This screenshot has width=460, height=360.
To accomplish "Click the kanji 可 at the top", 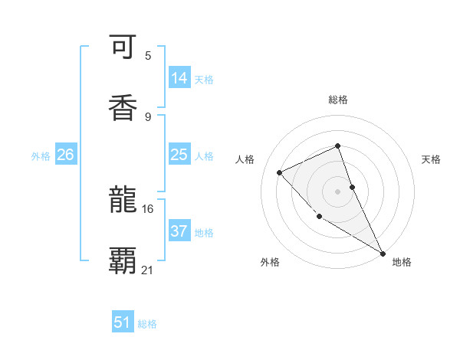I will [123, 49].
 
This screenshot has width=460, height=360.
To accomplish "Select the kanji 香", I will [123, 107].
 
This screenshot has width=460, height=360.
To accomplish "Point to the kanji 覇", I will [123, 260].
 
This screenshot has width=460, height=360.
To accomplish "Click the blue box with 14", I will [179, 78].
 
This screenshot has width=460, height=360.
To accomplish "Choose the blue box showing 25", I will [179, 155].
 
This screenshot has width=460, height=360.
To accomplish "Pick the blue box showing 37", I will [179, 231].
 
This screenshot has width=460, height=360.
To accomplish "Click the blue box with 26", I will [66, 155].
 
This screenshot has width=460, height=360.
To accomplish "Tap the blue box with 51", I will [123, 322].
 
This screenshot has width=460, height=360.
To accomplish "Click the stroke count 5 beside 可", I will [148, 55].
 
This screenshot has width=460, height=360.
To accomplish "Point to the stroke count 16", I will [147, 208].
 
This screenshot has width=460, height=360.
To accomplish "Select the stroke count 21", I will [148, 270].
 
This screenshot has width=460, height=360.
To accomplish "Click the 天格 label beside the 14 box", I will [204, 79].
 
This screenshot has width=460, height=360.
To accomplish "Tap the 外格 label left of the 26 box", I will [41, 155].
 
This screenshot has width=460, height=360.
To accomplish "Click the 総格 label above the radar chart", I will [338, 100].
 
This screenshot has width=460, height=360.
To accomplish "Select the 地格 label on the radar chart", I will [402, 262].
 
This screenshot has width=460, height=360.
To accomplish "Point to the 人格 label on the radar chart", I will [245, 159].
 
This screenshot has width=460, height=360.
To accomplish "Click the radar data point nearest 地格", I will [382, 252].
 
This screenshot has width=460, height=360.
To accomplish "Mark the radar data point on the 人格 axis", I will [280, 172].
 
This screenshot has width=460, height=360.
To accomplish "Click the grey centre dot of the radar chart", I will [338, 191].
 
